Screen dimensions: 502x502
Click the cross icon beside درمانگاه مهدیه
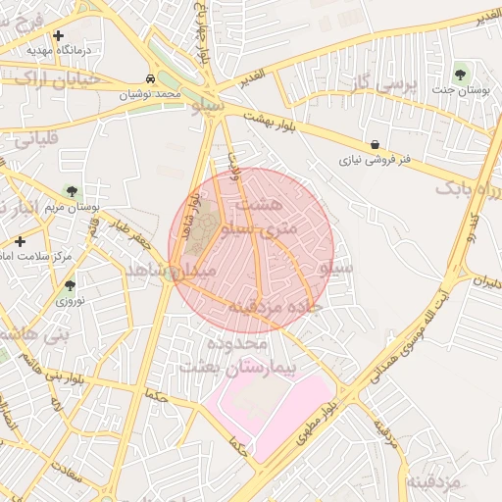pyautogui.click(x=59, y=35)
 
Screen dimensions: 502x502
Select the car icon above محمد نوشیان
pyautogui.click(x=150, y=78)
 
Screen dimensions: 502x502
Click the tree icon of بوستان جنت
pyautogui.click(x=461, y=75)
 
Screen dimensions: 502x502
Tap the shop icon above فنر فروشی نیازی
pyautogui.click(x=376, y=144)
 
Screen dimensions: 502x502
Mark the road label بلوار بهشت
pyautogui.click(x=269, y=122)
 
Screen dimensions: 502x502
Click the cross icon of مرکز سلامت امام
pyautogui.click(x=20, y=240)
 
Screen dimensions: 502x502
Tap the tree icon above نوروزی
pyautogui.click(x=70, y=285)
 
